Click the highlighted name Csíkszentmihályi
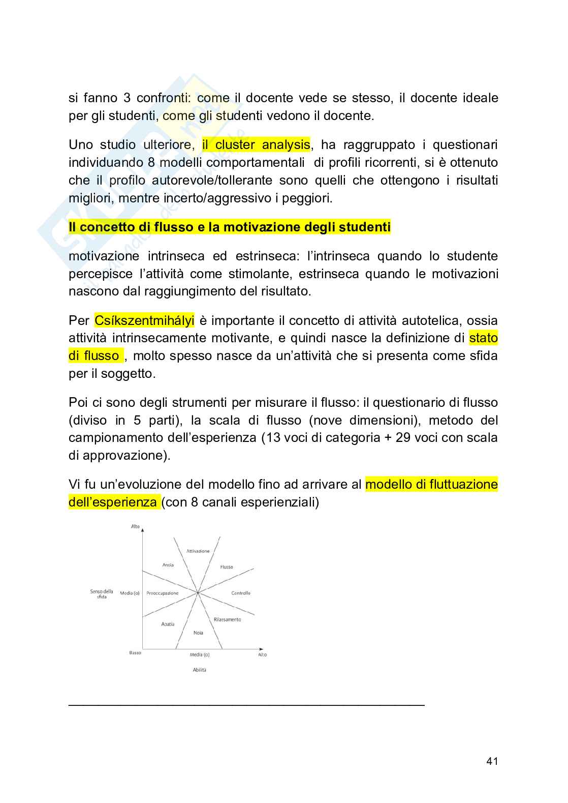144,321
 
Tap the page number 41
492,761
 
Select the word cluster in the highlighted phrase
235,145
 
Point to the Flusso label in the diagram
227,567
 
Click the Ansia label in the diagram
168,565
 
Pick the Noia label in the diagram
198,633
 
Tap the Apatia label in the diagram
168,624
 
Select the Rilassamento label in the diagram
227,619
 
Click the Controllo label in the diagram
241,593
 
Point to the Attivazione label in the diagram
198,551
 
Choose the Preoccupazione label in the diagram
163,593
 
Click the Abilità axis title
200,670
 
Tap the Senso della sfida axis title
102,594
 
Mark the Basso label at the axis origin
135,653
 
